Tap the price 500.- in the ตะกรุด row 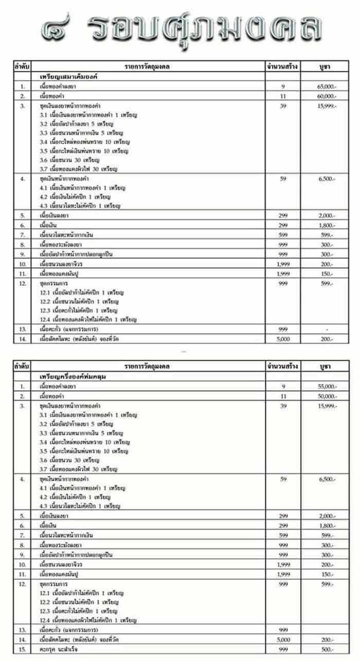[327, 650]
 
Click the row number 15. [22, 650]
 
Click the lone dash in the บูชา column [327, 329]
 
